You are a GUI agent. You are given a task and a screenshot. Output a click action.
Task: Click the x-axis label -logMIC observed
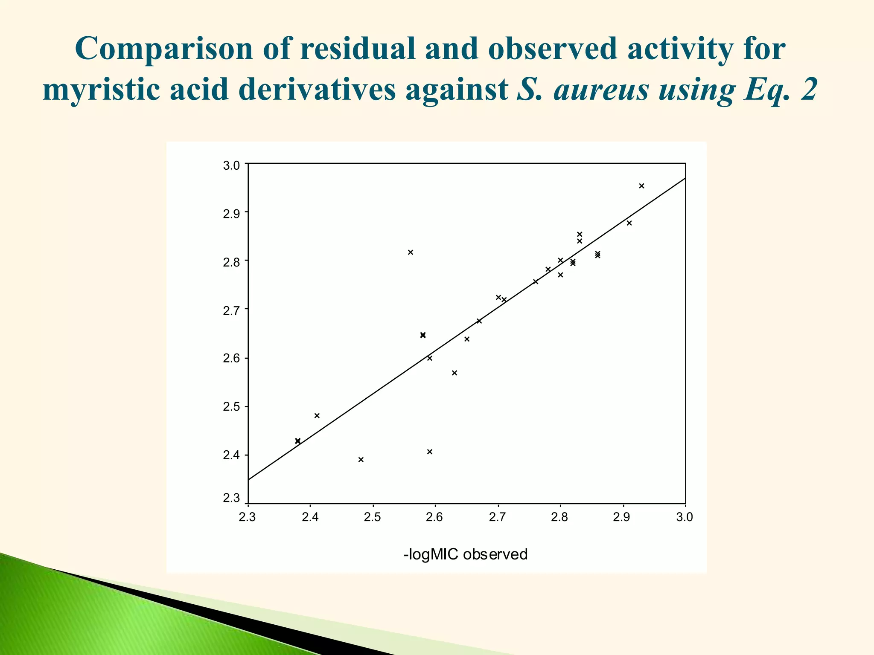tap(465, 554)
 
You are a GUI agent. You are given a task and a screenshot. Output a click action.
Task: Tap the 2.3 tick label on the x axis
tap(247, 518)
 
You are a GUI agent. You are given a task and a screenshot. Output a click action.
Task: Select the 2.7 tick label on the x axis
tap(497, 518)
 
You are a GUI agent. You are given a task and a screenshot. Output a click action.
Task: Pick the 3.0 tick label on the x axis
tap(685, 518)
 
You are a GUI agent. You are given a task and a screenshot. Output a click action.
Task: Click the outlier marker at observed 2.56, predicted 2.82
tap(411, 252)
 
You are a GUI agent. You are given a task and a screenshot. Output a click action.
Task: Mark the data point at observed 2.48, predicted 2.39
tap(361, 460)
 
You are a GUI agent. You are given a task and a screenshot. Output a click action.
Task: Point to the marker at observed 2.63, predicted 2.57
tap(454, 373)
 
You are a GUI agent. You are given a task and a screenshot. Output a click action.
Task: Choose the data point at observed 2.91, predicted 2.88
tap(629, 223)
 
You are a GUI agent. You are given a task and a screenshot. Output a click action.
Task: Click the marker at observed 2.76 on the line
tap(536, 282)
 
